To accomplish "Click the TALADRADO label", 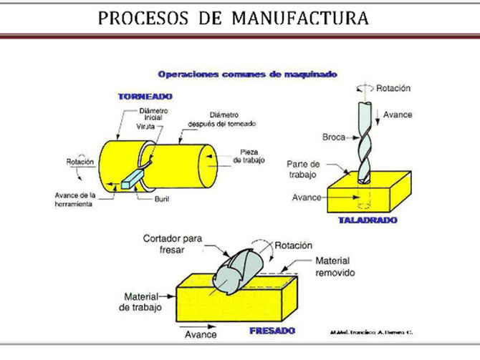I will pos(367,220).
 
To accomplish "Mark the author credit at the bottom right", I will pos(373,332).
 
